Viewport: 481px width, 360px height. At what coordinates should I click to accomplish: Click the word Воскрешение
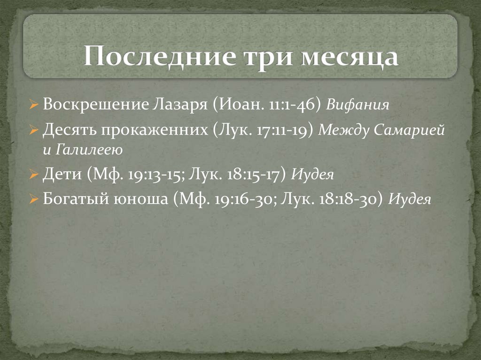click(95, 104)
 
